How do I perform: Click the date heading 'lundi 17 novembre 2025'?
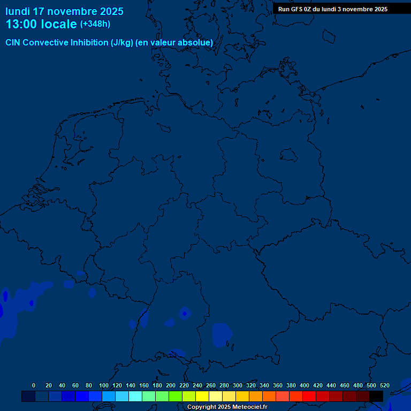coord(64,11)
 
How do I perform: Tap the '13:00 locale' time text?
coord(41,25)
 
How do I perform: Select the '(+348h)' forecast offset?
coord(95,24)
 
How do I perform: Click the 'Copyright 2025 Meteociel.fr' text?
coord(227,407)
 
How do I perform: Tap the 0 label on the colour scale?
coord(34,385)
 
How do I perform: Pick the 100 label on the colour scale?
coord(104,385)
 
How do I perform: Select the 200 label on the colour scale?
coord(171,385)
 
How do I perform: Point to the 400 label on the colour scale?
coord(305,385)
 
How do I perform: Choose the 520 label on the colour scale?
coord(384,385)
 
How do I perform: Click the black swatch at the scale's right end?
coord(376,396)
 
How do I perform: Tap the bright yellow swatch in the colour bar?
coord(202,396)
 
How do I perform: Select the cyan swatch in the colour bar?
coord(135,396)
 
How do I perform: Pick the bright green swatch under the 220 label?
coord(176,396)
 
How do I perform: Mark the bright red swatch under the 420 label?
coord(309,396)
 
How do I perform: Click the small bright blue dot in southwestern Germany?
coord(185,313)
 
